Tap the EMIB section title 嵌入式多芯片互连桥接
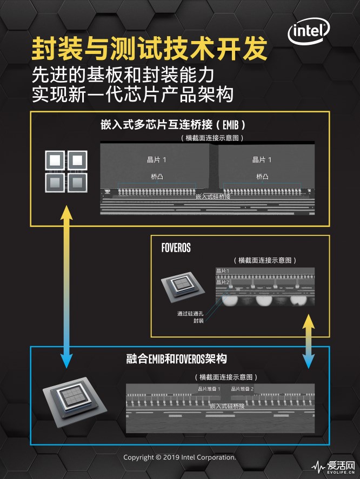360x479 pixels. pyautogui.click(x=173, y=125)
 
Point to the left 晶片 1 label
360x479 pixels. pyautogui.click(x=157, y=159)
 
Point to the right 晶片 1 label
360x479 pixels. pyautogui.click(x=262, y=159)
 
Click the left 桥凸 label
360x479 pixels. pyautogui.click(x=157, y=177)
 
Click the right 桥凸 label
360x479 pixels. pyautogui.click(x=262, y=177)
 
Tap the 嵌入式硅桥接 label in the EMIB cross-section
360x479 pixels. pyautogui.click(x=213, y=197)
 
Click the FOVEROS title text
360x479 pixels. pyautogui.click(x=176, y=248)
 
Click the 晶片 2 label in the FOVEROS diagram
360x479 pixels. pyautogui.click(x=223, y=282)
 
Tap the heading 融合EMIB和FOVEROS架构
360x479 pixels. pyautogui.click(x=176, y=359)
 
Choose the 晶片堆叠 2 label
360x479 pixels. pyautogui.click(x=242, y=388)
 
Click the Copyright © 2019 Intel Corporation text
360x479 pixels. pyautogui.click(x=179, y=457)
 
